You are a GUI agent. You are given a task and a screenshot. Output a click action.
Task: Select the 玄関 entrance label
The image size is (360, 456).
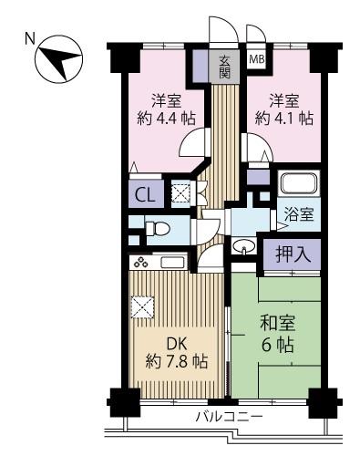(x=224, y=67)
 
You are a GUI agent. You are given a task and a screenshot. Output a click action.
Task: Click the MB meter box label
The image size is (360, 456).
(x=256, y=61)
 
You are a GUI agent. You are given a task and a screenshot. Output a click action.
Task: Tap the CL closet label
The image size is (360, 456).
(x=144, y=193)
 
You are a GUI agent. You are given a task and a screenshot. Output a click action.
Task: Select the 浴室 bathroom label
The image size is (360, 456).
(x=299, y=215)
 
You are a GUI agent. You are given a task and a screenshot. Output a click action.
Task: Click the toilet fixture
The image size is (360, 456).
(x=156, y=229)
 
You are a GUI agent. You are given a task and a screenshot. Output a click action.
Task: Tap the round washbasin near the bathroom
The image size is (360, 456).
(x=244, y=247)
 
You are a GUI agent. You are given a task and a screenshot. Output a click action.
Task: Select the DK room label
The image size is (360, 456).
(x=176, y=343)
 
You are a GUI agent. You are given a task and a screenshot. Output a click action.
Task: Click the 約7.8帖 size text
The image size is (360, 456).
(x=176, y=362)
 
